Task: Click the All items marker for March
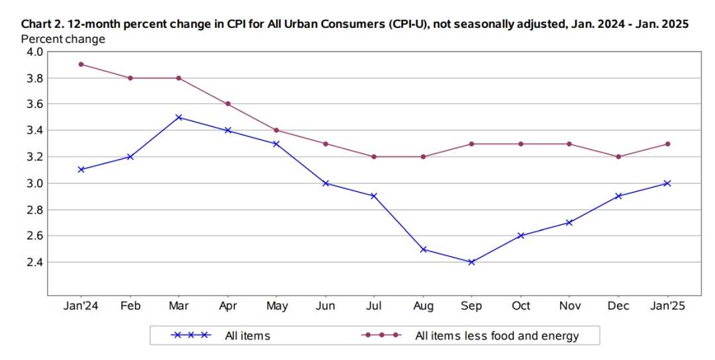coord(179,117)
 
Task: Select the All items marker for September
coord(472,262)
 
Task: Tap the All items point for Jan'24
coord(81,169)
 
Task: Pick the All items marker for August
coord(423,249)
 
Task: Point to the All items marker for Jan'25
coord(667,183)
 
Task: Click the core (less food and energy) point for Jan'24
coord(81,64)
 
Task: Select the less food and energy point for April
coord(228,104)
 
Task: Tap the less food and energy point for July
coord(374,157)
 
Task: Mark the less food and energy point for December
coord(618,157)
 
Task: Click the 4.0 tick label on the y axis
coord(34,52)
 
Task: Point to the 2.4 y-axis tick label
coord(34,262)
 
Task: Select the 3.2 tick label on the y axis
coord(34,157)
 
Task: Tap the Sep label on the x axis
coord(472,306)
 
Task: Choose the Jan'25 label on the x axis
coord(667,306)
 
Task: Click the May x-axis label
coord(277,306)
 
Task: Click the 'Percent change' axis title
coord(63,39)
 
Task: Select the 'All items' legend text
coord(248,336)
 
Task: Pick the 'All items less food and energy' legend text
coord(497,336)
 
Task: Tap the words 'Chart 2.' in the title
coord(43,24)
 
